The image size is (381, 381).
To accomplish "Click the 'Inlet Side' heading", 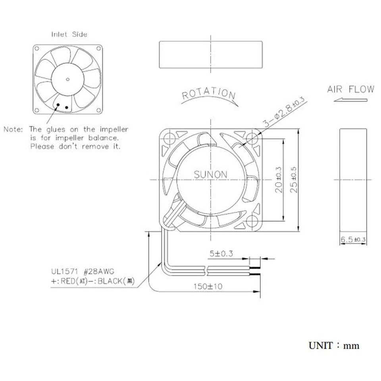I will tap(69, 34).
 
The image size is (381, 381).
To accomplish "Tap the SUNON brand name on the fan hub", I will tap(210, 175).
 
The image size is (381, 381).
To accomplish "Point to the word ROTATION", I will tap(209, 93).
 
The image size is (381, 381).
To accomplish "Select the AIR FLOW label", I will tap(350, 89).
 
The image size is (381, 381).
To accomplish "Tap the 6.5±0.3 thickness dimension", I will tap(352, 240).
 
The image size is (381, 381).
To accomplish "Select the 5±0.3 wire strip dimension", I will tap(221, 253).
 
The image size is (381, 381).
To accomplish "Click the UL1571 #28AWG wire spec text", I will tap(83, 272).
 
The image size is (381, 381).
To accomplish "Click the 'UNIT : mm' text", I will tap(334, 346).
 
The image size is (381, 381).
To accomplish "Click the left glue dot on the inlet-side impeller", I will tap(58, 105).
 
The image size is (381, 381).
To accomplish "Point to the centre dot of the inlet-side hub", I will tap(67, 79).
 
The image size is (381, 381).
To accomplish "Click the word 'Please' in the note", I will tap(43, 146).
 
